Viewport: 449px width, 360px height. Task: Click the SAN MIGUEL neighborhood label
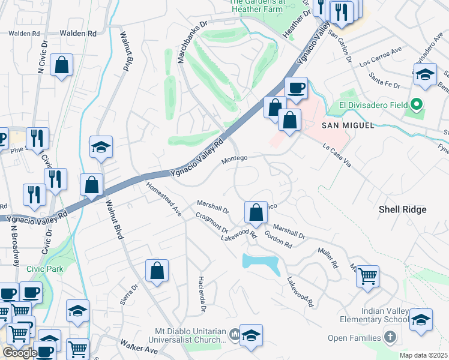[348, 125]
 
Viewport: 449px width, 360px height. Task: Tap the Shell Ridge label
[402, 209]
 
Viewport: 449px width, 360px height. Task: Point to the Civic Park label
[44, 269]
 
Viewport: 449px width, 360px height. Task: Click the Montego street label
[234, 158]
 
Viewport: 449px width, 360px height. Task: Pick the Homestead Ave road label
[164, 199]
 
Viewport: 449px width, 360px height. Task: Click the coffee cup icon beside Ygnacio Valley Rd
[295, 88]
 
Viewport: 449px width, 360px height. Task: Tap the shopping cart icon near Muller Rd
[367, 277]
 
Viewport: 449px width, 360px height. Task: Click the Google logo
[20, 353]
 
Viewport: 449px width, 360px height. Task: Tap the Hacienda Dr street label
[202, 295]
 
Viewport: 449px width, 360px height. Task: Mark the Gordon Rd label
[279, 240]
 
